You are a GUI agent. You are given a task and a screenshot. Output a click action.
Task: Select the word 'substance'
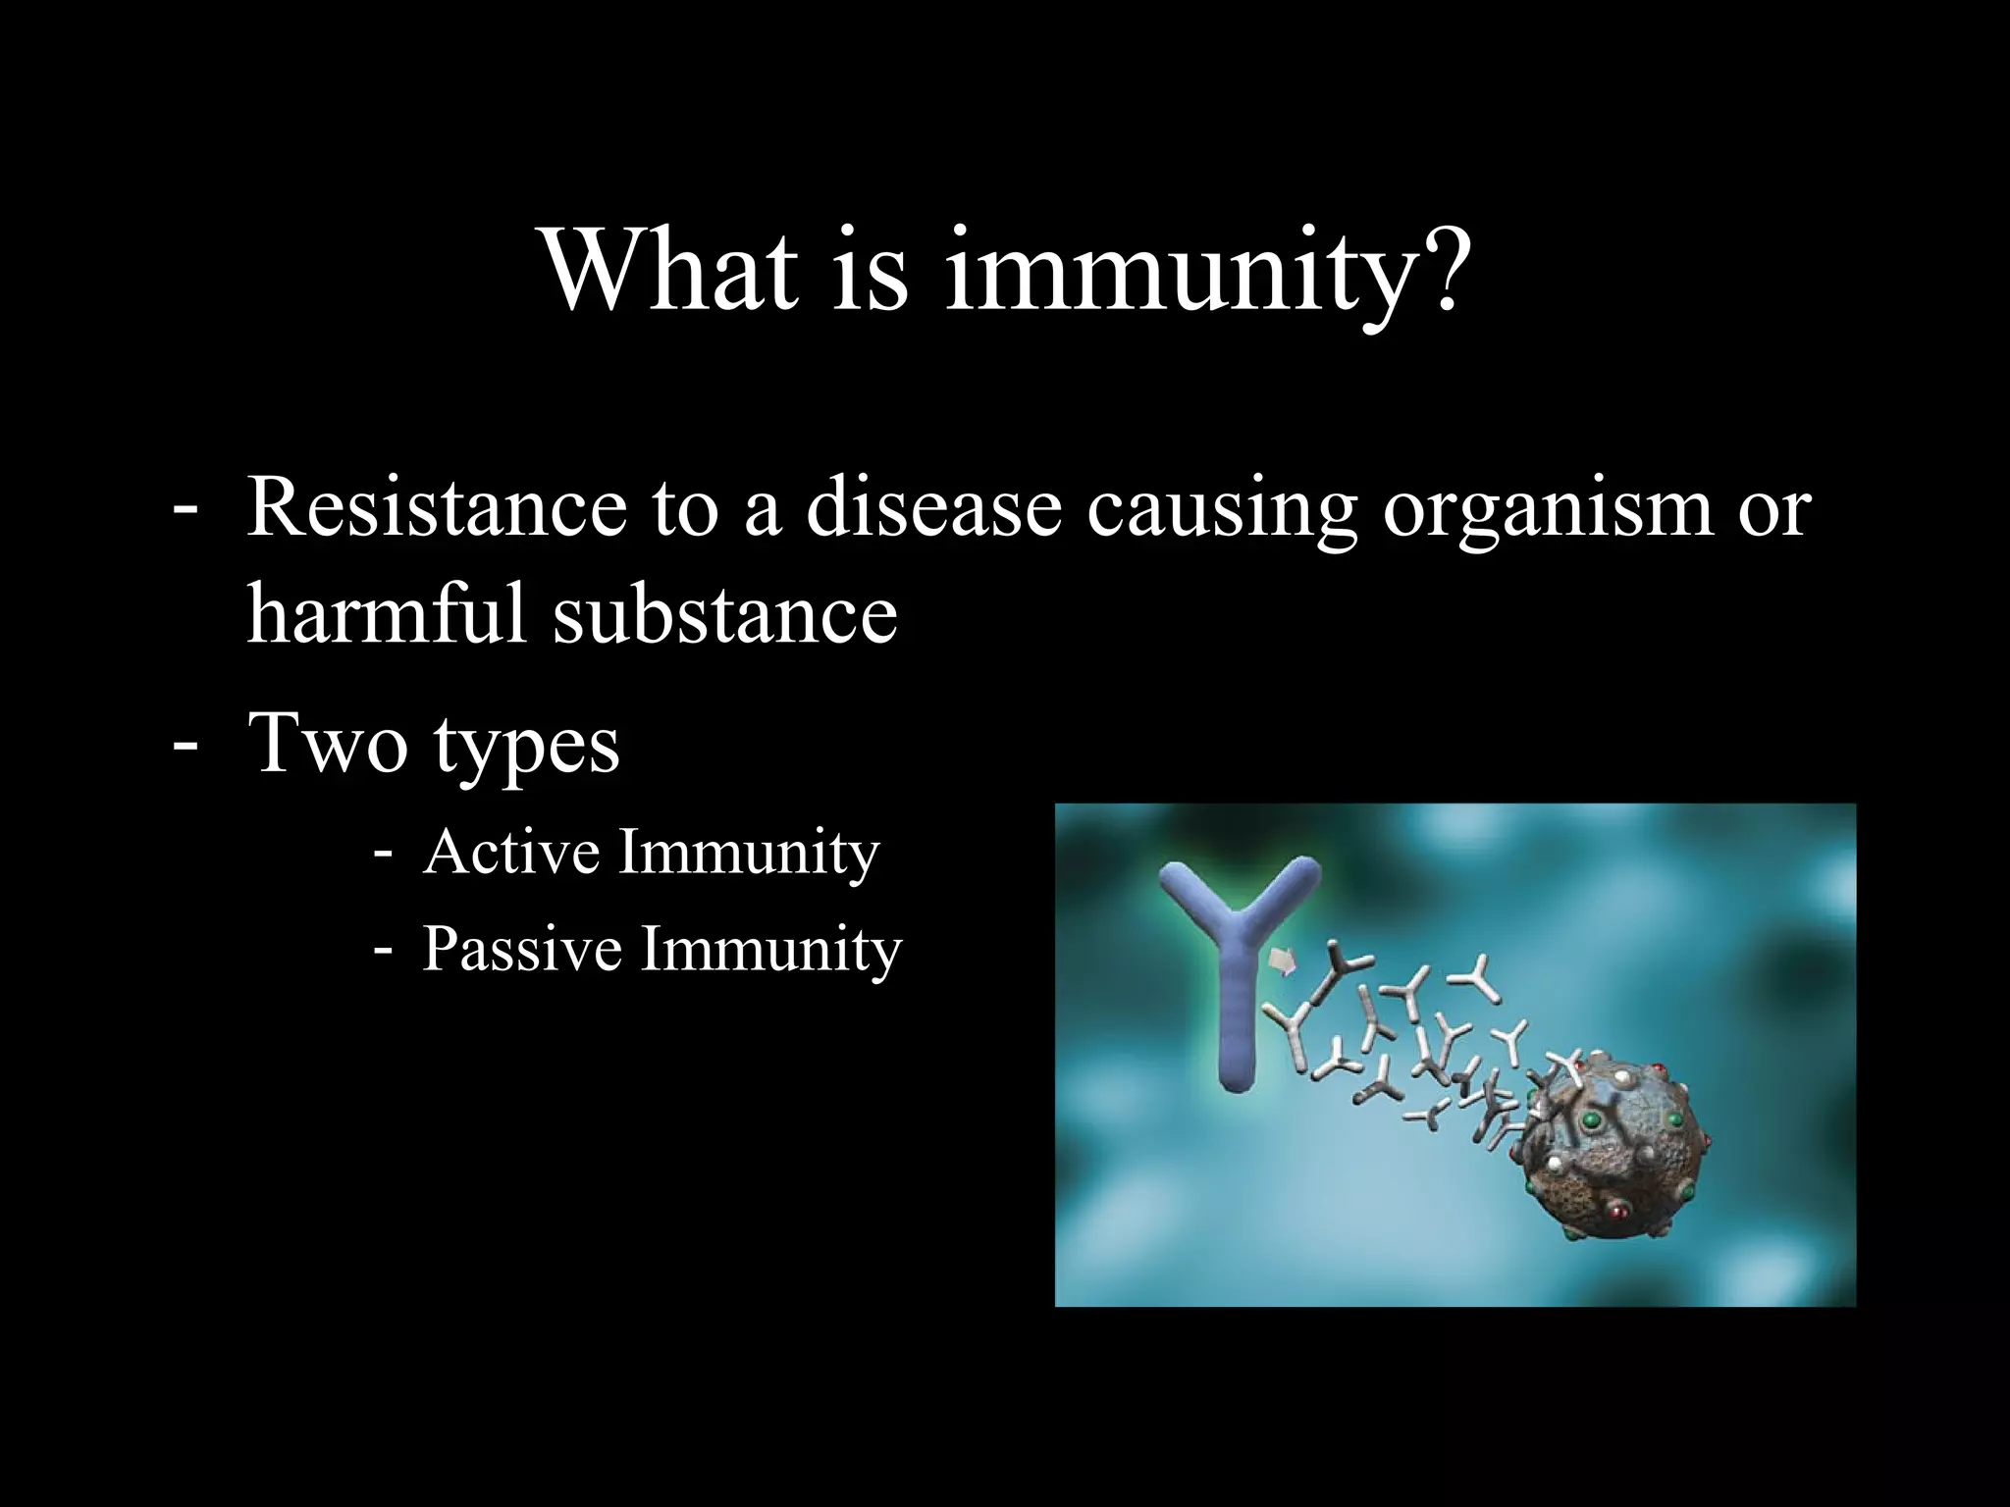725,615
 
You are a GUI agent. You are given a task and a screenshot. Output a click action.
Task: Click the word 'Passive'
521,950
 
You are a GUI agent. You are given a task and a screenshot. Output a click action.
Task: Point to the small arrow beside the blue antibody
1283,961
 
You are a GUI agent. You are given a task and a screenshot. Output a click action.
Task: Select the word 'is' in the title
870,270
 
